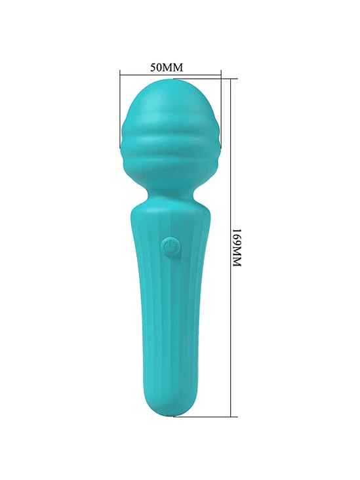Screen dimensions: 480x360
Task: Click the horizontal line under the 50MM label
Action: pyautogui.click(x=170, y=75)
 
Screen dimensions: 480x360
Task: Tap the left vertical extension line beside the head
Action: pyautogui.click(x=120, y=111)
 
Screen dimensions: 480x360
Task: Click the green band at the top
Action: pyautogui.click(x=180, y=30)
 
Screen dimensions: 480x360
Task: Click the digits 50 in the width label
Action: pyautogui.click(x=157, y=68)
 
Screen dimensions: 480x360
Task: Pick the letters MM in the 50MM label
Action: pyautogui.click(x=172, y=68)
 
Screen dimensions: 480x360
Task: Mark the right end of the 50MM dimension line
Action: pyautogui.click(x=220, y=75)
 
